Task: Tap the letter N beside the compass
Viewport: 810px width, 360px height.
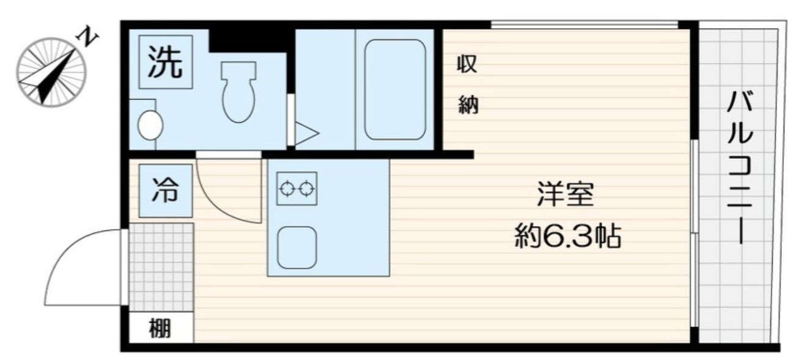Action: pyautogui.click(x=89, y=39)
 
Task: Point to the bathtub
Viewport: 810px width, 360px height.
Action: pyautogui.click(x=395, y=90)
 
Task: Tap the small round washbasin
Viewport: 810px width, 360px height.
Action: pyautogui.click(x=150, y=126)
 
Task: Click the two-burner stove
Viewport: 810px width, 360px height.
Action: pyautogui.click(x=296, y=188)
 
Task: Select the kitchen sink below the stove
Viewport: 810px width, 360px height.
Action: pyautogui.click(x=296, y=248)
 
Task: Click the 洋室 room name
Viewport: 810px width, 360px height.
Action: pyautogui.click(x=565, y=196)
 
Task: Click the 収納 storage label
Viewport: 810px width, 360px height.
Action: pyautogui.click(x=468, y=86)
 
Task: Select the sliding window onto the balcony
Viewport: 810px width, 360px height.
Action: pyautogui.click(x=694, y=232)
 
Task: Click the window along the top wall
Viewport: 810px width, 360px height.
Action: pyautogui.click(x=584, y=24)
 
